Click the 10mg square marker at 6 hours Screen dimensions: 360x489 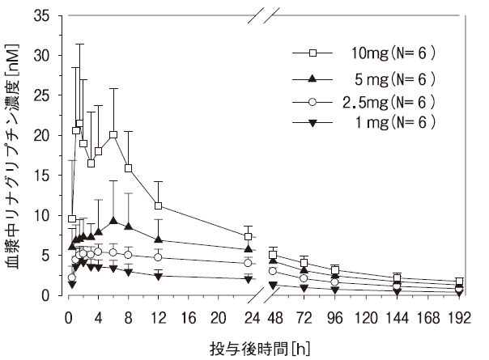113,135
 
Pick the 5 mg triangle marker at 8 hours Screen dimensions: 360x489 128,226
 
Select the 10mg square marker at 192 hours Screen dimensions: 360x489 460,282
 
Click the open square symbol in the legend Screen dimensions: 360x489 312,54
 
